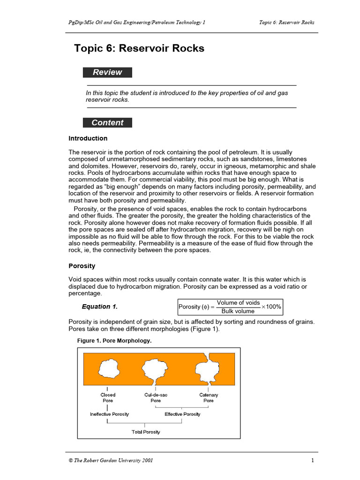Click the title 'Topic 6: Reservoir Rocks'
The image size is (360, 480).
coord(139,49)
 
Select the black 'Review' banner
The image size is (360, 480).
coord(107,72)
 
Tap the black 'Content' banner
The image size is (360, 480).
coord(107,123)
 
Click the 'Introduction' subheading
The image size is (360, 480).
coord(88,138)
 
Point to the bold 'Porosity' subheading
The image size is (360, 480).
coord(82,266)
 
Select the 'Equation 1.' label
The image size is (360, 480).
coord(100,307)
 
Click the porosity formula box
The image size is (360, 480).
coord(230,307)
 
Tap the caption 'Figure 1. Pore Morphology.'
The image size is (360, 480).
coord(114,341)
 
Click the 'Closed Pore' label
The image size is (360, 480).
coord(108,398)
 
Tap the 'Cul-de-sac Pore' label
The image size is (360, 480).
coord(156,398)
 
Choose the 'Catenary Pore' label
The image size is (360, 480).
coord(209,398)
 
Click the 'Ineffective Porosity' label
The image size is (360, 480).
coord(109,414)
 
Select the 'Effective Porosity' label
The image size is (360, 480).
coord(182,414)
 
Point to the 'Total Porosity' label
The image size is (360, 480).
coord(146,432)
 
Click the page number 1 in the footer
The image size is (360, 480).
coord(312,460)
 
